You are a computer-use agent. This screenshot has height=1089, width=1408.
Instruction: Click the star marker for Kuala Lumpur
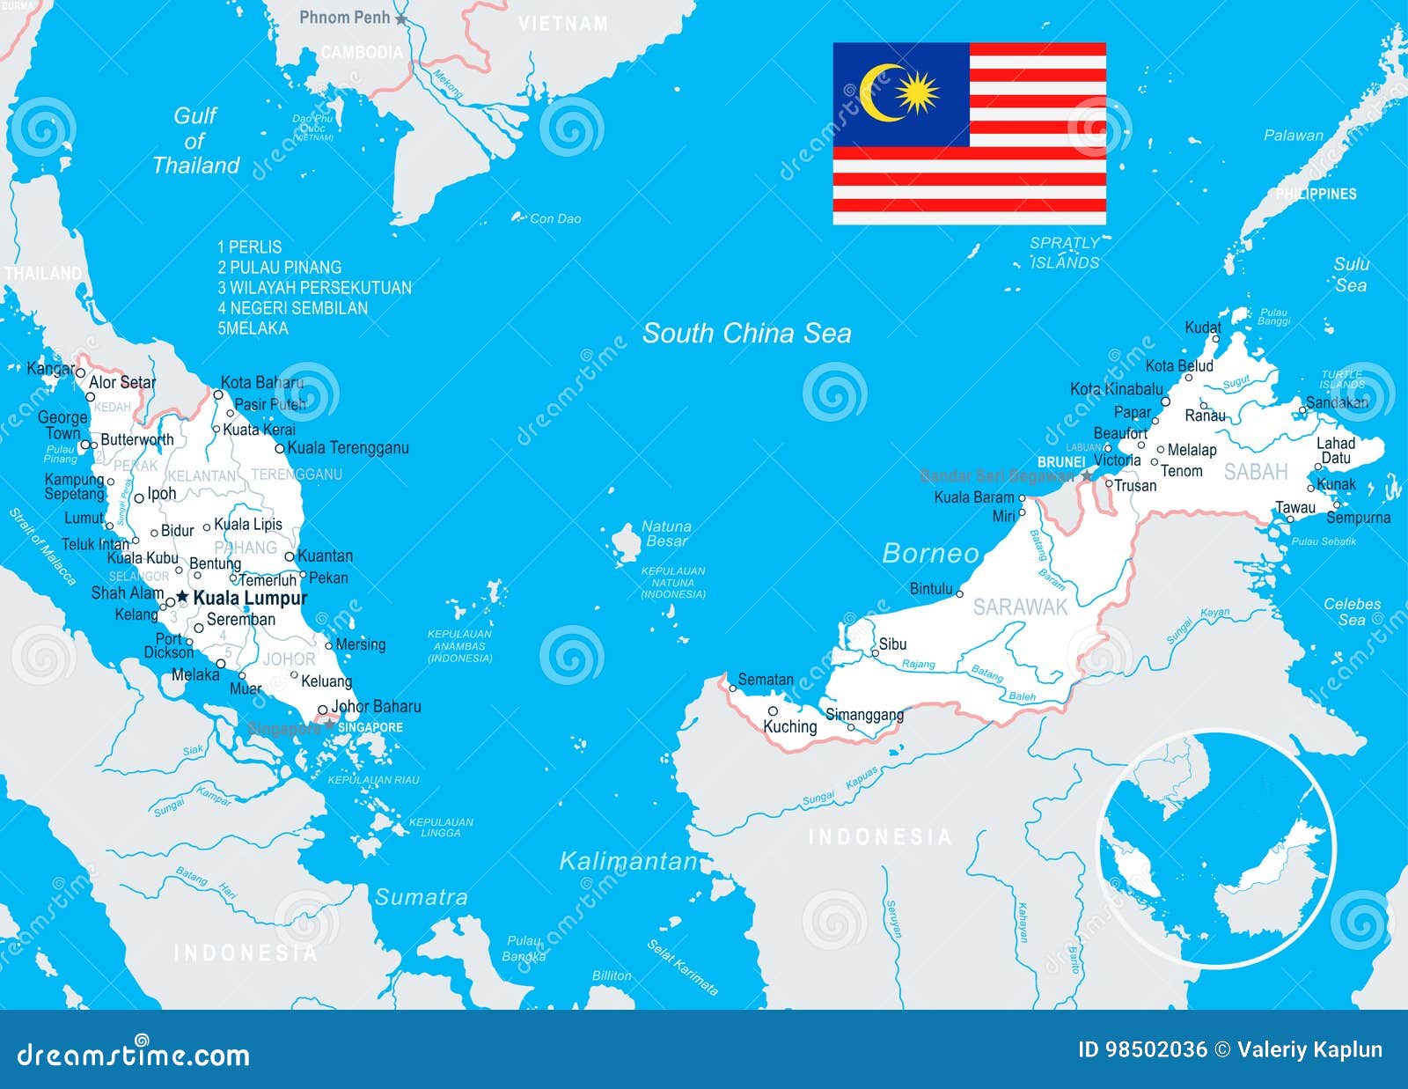(182, 597)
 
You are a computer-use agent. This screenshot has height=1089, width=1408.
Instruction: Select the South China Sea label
(746, 333)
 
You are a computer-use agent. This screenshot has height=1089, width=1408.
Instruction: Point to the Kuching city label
(789, 726)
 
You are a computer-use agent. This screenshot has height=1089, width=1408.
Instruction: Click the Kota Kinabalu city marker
(1166, 401)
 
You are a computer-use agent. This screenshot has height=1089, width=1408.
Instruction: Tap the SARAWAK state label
(1020, 607)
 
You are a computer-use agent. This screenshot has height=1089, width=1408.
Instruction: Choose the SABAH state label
(1256, 472)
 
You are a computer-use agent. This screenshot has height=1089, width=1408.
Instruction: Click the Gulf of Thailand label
(195, 141)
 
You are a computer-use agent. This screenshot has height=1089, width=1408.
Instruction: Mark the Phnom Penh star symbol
(401, 18)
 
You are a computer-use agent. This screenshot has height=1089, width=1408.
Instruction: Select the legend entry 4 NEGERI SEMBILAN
(293, 308)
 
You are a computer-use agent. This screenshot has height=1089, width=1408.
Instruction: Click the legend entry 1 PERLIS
(250, 247)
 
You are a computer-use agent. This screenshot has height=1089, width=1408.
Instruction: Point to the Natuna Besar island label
(666, 533)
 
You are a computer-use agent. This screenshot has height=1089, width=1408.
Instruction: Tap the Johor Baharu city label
(376, 706)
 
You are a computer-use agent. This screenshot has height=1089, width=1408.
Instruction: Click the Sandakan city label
(1337, 402)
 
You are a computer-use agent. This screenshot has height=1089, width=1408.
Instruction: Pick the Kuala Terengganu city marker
(280, 448)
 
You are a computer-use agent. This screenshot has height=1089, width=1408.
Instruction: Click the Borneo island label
(930, 553)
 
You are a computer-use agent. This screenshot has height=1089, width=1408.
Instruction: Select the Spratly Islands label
(1065, 253)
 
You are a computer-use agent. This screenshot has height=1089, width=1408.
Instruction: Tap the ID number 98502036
(1142, 1049)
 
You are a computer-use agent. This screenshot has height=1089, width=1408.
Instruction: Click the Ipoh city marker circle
(139, 498)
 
